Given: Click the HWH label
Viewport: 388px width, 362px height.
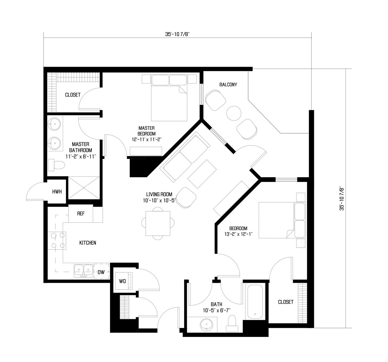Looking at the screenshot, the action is tap(57, 192).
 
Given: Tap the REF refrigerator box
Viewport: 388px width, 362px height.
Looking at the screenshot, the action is tap(80, 213).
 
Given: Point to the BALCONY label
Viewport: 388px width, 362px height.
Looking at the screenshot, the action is tap(228, 85).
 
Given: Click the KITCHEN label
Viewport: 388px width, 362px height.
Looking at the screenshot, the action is tap(87, 243).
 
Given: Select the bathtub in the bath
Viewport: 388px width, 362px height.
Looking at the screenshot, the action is tap(255, 302).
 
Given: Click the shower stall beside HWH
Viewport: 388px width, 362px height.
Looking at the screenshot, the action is tap(84, 188).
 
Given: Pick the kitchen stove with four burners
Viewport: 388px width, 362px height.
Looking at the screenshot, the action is tap(57, 241).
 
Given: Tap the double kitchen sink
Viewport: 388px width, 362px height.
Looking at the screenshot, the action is tap(83, 271).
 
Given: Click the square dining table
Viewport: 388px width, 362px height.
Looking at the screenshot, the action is tap(158, 223).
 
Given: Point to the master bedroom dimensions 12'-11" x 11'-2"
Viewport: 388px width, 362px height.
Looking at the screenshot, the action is tap(147, 139).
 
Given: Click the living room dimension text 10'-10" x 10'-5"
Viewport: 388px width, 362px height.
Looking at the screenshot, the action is tap(159, 200).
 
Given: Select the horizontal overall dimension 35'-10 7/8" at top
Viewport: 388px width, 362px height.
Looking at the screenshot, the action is tap(177, 34).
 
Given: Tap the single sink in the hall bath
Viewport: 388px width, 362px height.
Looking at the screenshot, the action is tap(206, 324).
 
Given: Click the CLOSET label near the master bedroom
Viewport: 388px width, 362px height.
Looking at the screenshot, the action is tap(73, 95).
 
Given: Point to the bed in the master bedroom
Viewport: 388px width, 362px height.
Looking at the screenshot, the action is tap(169, 97).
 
